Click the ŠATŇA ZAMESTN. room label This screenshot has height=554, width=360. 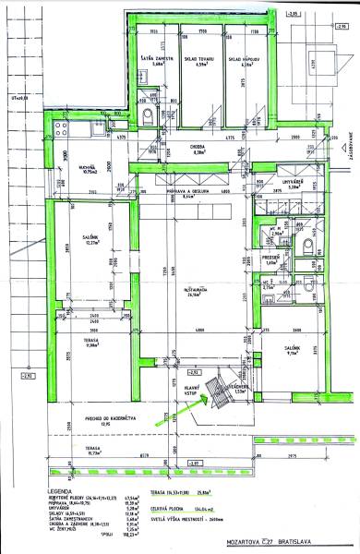151,58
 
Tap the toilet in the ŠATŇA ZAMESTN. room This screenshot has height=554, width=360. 150,114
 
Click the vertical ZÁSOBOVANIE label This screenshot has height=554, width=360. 354,148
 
